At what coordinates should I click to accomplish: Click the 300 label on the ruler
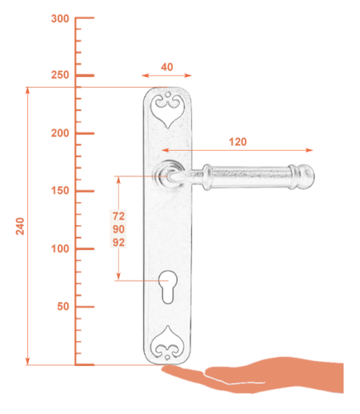tap(60, 19)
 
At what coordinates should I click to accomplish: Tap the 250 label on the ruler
tap(60, 75)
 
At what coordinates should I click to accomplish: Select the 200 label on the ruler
tap(60, 133)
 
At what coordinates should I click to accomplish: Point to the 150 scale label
tap(60, 190)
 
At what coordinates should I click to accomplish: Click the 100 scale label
tap(60, 248)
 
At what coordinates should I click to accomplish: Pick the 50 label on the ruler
tap(63, 306)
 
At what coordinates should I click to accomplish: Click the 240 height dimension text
tap(20, 226)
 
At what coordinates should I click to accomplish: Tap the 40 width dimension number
tap(167, 67)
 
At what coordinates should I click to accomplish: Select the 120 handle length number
tap(238, 142)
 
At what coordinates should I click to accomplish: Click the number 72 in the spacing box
tap(118, 216)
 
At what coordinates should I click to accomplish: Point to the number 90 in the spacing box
tap(118, 229)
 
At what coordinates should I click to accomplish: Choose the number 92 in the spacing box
tap(118, 243)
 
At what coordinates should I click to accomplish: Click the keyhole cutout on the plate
tap(167, 287)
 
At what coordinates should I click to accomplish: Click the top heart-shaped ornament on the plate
tap(167, 110)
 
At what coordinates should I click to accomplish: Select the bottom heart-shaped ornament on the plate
tap(167, 343)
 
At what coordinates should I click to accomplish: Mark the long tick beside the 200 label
tap(84, 133)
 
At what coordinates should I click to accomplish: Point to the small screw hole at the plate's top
tap(167, 94)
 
